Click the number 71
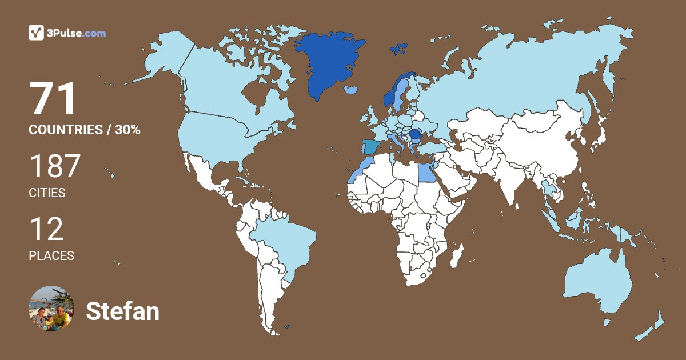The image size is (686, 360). (x=53, y=99)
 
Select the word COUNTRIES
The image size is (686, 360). (x=65, y=130)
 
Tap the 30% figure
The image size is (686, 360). (x=127, y=130)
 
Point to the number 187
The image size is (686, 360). (x=55, y=166)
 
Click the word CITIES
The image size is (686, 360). (x=47, y=193)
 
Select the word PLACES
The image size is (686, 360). (x=51, y=256)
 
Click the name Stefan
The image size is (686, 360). (x=122, y=311)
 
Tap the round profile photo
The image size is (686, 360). (x=51, y=309)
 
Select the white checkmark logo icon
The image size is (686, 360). (x=36, y=33)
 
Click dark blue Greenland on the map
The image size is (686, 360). (x=329, y=63)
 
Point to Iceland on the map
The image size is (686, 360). (x=352, y=90)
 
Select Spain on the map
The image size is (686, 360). (x=370, y=147)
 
